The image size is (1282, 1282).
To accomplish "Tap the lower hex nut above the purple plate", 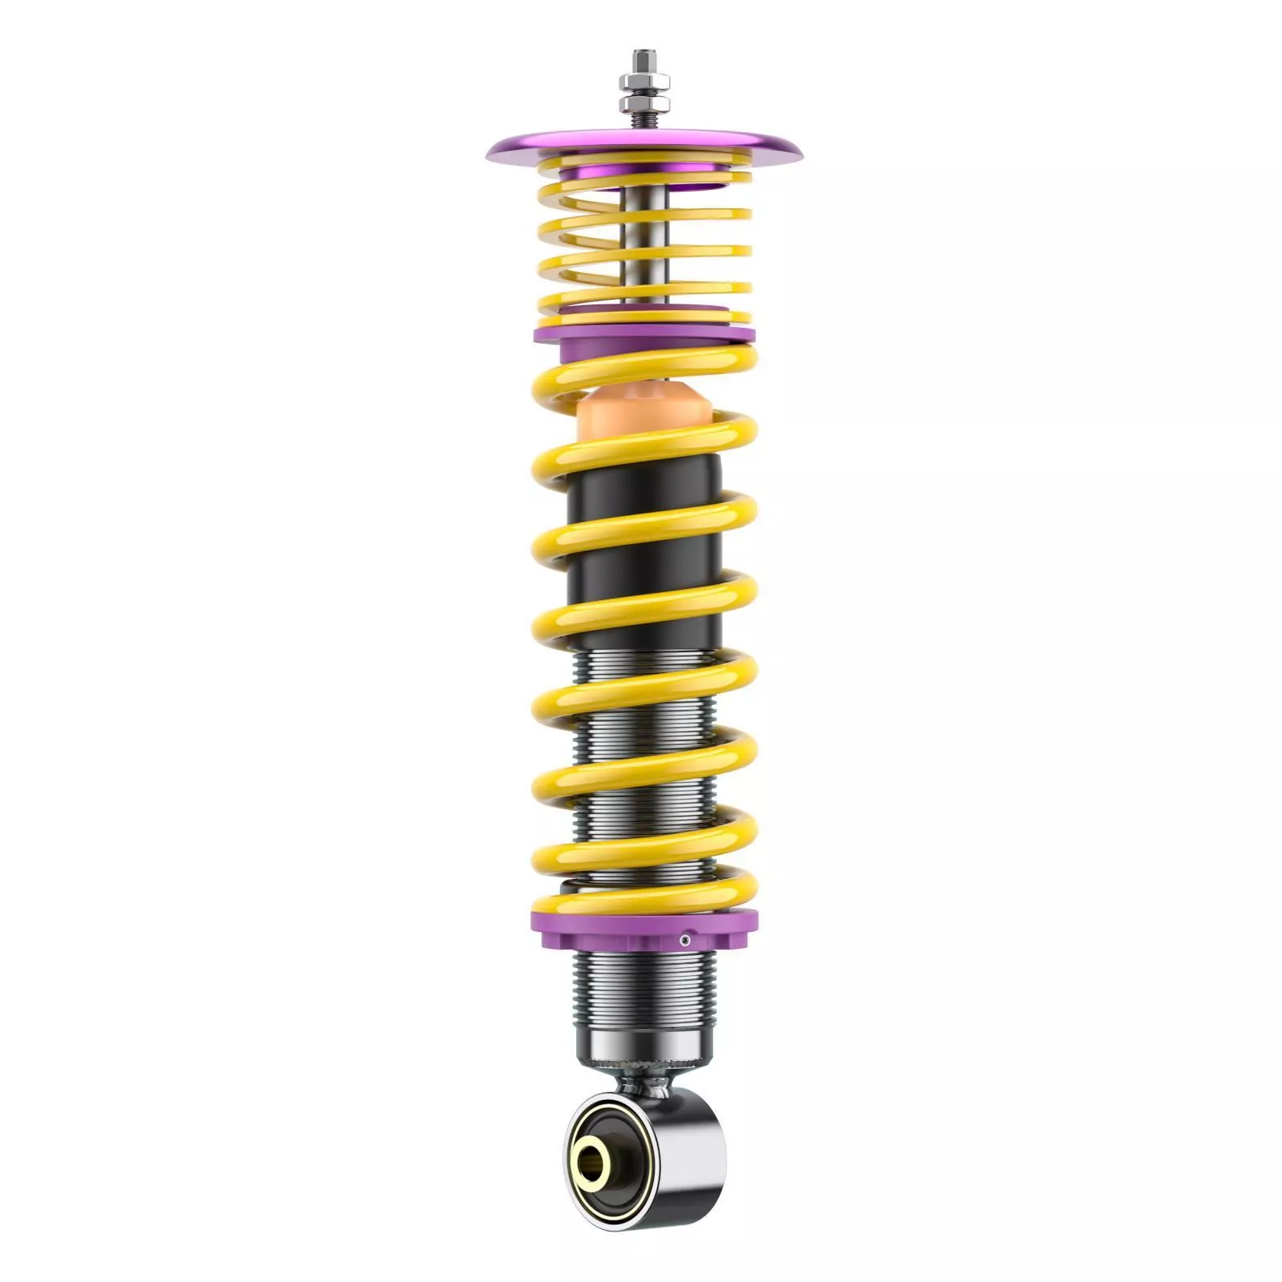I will [642, 105].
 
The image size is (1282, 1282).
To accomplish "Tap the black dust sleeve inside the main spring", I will [641, 545].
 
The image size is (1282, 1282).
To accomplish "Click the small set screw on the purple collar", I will [685, 940].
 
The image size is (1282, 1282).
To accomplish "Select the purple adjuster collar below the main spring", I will [609, 933].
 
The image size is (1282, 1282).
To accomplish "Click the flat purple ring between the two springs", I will [641, 333].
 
